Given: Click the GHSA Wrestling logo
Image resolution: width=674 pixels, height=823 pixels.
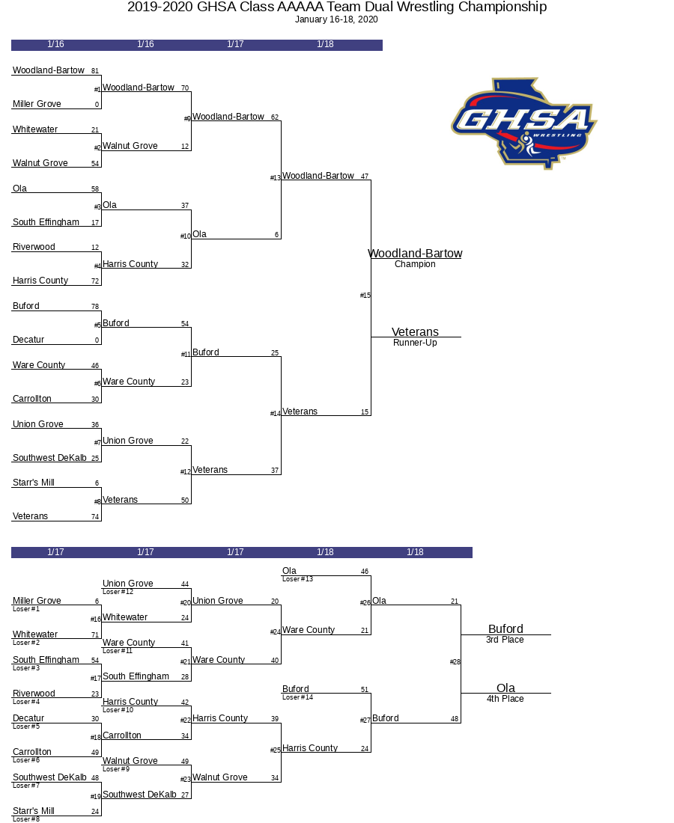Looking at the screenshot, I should click(x=524, y=123).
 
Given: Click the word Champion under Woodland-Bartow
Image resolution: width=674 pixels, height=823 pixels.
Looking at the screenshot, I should click(x=415, y=264).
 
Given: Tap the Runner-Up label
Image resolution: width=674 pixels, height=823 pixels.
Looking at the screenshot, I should click(x=415, y=343).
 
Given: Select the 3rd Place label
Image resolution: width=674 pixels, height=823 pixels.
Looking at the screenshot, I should click(x=505, y=640).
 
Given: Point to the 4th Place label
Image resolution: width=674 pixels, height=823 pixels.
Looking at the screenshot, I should click(x=505, y=699).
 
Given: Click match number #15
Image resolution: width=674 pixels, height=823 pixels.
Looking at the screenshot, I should click(x=365, y=296).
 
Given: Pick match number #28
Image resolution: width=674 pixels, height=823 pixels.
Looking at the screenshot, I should click(x=455, y=662).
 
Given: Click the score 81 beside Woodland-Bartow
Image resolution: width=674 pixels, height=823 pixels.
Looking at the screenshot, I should click(x=95, y=72).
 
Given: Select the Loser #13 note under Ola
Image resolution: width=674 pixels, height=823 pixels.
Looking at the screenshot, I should click(x=297, y=579).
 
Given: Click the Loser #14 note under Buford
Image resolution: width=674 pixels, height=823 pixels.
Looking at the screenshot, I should click(x=297, y=697).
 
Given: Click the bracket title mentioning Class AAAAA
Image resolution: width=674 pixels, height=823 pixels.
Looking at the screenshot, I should click(x=337, y=7).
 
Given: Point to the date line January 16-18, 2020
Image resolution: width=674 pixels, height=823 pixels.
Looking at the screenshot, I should click(x=336, y=19).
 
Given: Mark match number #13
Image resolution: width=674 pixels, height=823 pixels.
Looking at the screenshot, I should click(x=276, y=178).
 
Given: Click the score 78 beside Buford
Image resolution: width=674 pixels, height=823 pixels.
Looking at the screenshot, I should click(x=95, y=308).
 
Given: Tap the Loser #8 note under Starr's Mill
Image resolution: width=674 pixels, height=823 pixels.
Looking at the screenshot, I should click(x=26, y=819).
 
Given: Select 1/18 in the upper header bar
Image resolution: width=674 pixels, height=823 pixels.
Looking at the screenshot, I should click(x=325, y=45).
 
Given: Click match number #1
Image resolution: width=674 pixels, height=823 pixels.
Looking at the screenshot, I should click(x=97, y=90).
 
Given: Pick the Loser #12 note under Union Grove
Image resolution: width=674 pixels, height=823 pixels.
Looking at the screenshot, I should click(x=118, y=592).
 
